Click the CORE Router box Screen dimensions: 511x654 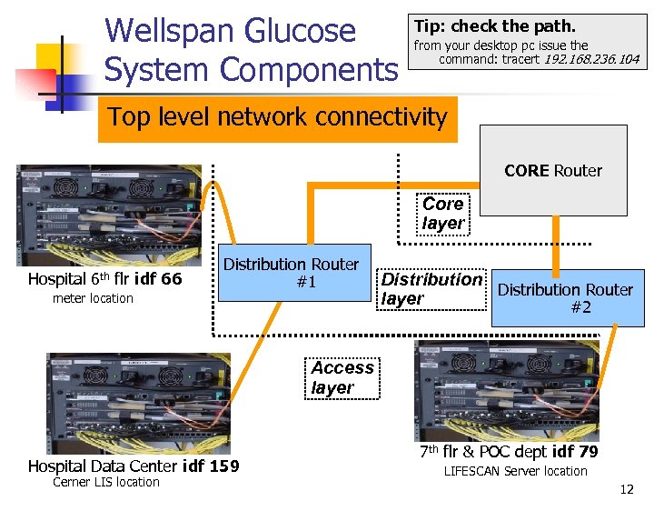coord(553,170)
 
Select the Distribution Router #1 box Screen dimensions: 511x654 coord(291,274)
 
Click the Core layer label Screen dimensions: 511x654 coord(443,214)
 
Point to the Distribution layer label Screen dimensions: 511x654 coord(431,289)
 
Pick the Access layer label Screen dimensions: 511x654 coord(342,377)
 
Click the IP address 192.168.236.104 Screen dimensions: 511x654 coord(590,60)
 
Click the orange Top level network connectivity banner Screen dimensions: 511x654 coord(277,117)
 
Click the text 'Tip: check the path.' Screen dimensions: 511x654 coord(494,26)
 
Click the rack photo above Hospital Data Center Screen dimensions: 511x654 coord(138,401)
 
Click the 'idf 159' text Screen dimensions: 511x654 coord(211,466)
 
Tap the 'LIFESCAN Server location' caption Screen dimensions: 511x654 coord(515,471)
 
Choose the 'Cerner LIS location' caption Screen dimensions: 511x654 coord(105,482)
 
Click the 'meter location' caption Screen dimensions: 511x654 coord(93,298)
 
